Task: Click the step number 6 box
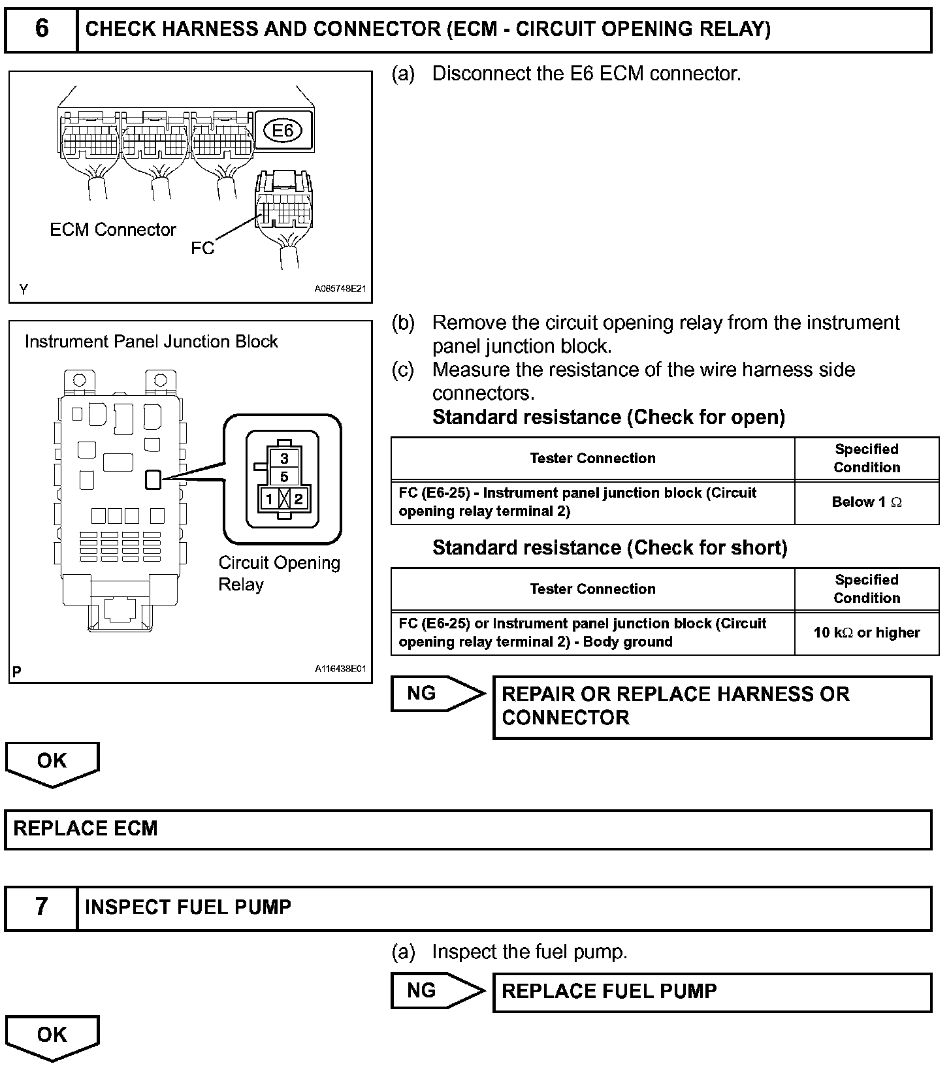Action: (x=41, y=29)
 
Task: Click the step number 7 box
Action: (x=41, y=907)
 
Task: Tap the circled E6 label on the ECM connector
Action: (x=282, y=131)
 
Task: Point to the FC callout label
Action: (x=202, y=248)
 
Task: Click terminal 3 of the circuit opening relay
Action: (x=284, y=459)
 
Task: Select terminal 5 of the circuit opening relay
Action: (x=284, y=477)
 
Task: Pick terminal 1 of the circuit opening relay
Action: (x=269, y=500)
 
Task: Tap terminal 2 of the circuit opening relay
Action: (x=298, y=500)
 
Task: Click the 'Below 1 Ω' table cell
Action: (x=867, y=502)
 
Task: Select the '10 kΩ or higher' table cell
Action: (x=867, y=633)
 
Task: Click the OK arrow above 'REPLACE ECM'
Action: (x=52, y=762)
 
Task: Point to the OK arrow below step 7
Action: (x=52, y=1036)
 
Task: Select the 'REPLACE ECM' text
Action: (x=86, y=829)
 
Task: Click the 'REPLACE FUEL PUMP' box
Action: (x=712, y=992)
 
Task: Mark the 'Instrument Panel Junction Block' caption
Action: (x=151, y=342)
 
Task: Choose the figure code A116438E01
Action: (x=340, y=670)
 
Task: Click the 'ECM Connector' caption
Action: (x=113, y=230)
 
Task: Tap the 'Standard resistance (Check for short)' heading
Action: (x=609, y=548)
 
